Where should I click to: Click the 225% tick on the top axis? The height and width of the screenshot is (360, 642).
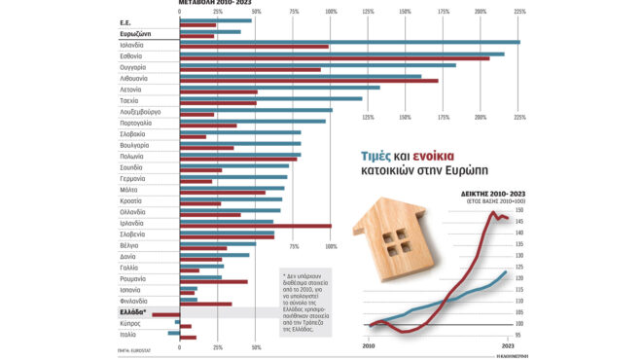tap(520, 12)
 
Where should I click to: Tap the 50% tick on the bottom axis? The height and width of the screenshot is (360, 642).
tap(256, 347)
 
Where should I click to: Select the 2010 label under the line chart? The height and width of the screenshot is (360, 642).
tap(369, 345)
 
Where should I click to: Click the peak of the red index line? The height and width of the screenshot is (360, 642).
tap(494, 212)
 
